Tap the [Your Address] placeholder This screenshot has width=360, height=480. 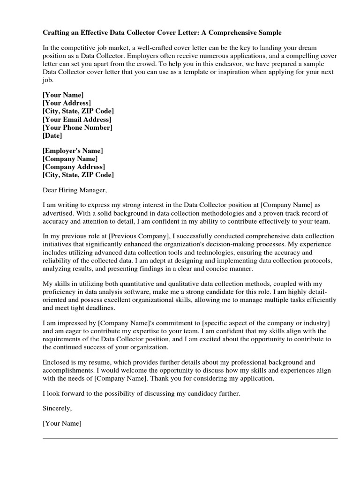click(x=67, y=103)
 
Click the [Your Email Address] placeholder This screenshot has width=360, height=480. click(x=77, y=120)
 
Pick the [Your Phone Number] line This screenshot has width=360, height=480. click(x=77, y=127)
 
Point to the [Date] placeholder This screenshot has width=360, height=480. click(x=52, y=136)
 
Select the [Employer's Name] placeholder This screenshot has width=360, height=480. click(x=73, y=150)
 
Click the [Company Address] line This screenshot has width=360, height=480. click(x=74, y=167)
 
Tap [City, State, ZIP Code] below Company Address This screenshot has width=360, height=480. click(x=78, y=175)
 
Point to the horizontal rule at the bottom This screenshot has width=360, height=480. click(x=190, y=438)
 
